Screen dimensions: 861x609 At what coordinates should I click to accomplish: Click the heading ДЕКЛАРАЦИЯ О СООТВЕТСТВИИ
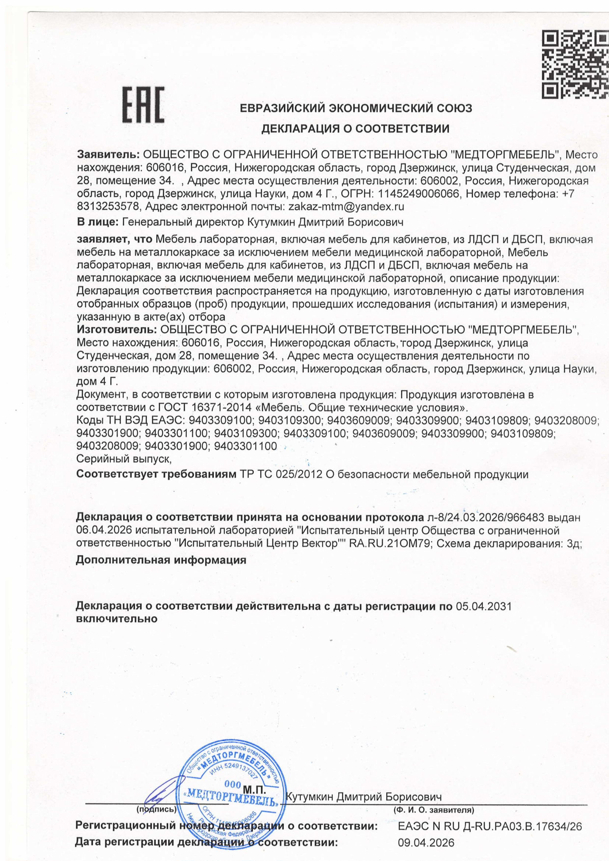355,129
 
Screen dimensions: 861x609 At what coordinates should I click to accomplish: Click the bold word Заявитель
108,154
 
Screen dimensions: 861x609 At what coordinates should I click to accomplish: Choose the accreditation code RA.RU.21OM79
389,544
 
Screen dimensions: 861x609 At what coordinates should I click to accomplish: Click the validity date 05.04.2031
484,606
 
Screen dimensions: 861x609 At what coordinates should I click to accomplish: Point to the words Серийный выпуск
124,458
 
